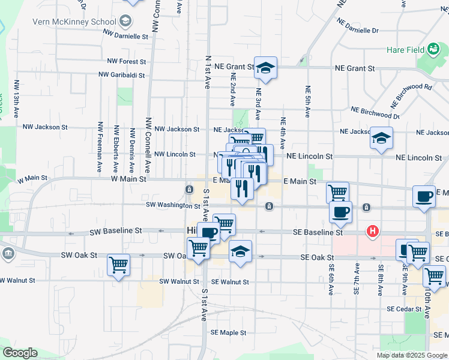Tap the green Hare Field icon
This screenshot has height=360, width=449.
(433, 49)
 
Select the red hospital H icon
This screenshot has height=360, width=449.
(373, 231)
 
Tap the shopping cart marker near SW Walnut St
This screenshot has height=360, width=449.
(118, 265)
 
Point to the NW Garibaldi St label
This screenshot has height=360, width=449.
(122, 76)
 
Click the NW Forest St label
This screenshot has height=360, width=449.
(126, 61)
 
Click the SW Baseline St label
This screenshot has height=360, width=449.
(115, 230)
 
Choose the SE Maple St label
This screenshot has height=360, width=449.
(224, 332)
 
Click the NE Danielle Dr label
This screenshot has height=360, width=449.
(358, 26)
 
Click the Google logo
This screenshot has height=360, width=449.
(20, 353)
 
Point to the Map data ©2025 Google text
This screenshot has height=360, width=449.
(412, 355)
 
